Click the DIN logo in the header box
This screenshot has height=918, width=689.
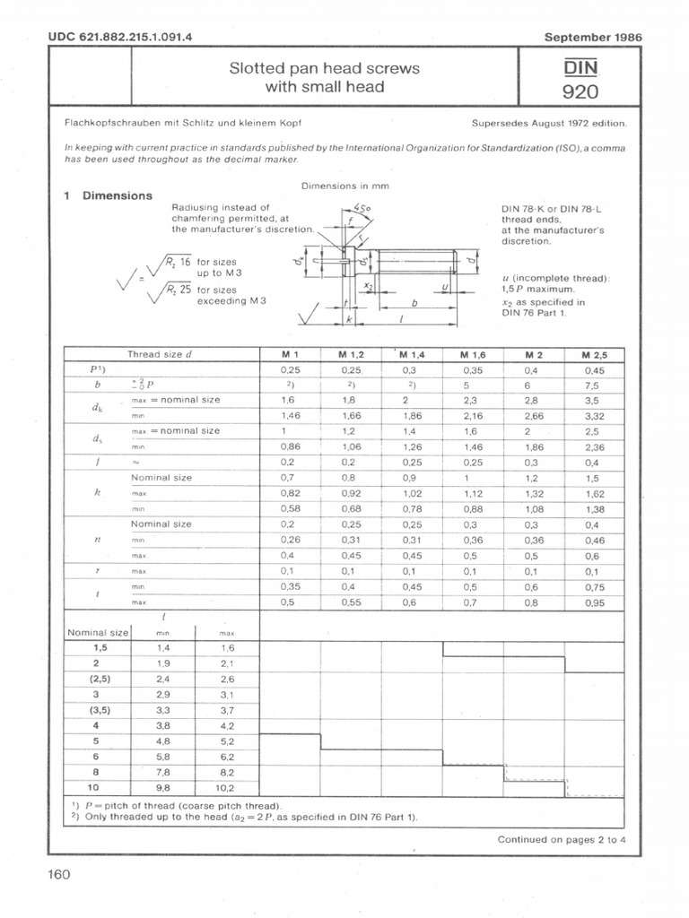coord(580,67)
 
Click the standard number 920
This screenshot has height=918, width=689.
coord(580,91)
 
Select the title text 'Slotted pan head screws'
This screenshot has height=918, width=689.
coord(325,69)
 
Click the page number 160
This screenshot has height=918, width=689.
coord(58,874)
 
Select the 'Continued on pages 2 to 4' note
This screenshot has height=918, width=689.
coord(563,839)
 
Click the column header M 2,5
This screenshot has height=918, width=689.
coord(594,355)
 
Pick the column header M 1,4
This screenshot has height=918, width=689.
coord(412,355)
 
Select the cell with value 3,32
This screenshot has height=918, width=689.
coord(594,416)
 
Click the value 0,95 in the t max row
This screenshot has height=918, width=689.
coord(594,602)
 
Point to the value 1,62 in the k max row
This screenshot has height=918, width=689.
coord(594,493)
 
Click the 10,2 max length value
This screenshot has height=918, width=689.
coord(226,788)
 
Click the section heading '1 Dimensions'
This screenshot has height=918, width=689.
coord(108,195)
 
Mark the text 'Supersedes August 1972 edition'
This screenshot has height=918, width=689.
coord(548,124)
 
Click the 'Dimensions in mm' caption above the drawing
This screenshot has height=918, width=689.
coord(339,186)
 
